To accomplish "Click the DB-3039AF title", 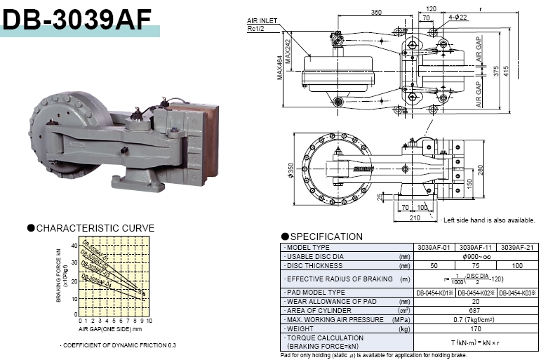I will pyautogui.click(x=77, y=19).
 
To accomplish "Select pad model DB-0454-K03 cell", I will pyautogui.click(x=516, y=292).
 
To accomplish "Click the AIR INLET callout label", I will pyautogui.click(x=259, y=22).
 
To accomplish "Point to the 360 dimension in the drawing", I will pyautogui.click(x=376, y=13).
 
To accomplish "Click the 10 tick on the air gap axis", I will pyautogui.click(x=149, y=320).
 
